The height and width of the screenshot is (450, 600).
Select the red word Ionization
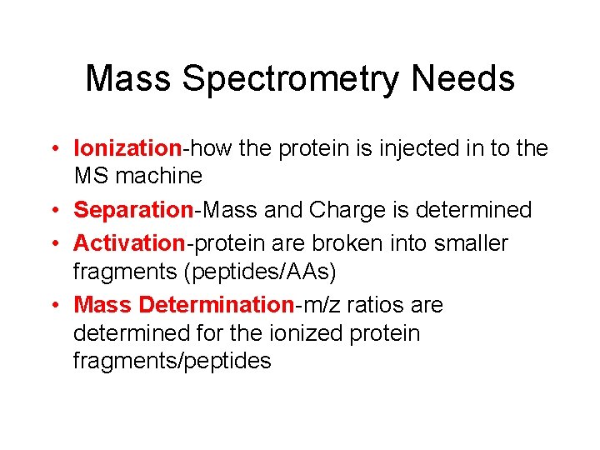[x=127, y=148]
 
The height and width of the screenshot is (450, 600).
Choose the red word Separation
[x=133, y=210]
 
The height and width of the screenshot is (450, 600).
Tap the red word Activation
[x=129, y=243]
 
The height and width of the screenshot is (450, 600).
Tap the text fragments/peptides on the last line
[x=172, y=361]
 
